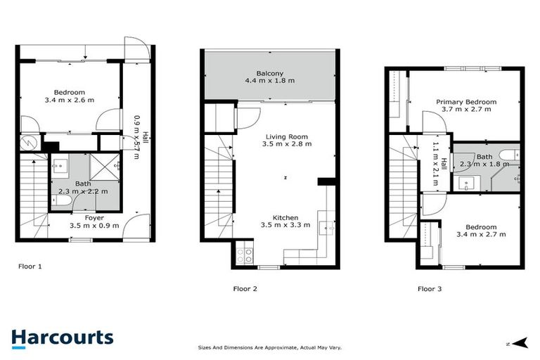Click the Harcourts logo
pos(62,337)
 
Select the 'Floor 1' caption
pos(30,266)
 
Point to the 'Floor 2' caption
pos(245,288)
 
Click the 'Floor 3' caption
pos(430,288)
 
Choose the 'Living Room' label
pos(286,136)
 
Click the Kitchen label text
pos(286,218)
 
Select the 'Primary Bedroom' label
pos(465,102)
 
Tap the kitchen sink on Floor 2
pos(324,228)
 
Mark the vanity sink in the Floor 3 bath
pos(466,184)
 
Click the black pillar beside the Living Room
pos(324,182)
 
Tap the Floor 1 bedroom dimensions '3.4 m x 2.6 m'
pos(70,100)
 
